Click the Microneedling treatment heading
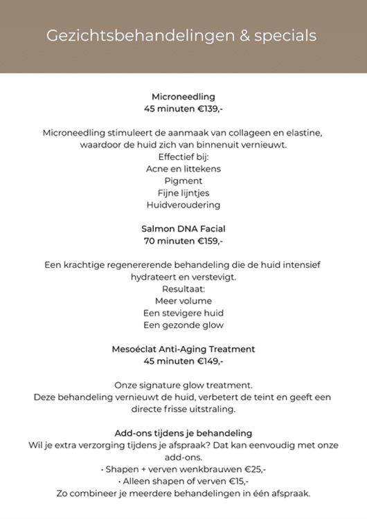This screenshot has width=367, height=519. coord(183,97)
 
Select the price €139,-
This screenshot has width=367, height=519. coord(207,109)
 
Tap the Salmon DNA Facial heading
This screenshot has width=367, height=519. coord(183,228)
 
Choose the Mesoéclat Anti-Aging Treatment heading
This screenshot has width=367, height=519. coord(183,349)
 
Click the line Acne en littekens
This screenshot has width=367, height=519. coord(183,169)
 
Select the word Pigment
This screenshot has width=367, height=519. coord(183,181)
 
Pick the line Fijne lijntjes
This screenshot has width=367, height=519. coord(183,193)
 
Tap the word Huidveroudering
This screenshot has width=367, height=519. coord(183,205)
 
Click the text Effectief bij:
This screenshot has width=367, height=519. coord(183,157)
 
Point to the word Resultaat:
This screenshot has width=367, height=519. coord(183,289)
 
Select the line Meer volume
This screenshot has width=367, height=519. coord(183,301)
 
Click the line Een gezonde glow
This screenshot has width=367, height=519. coord(183,325)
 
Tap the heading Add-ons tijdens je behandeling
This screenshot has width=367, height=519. coord(183,433)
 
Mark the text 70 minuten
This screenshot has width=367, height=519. coord(166,241)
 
